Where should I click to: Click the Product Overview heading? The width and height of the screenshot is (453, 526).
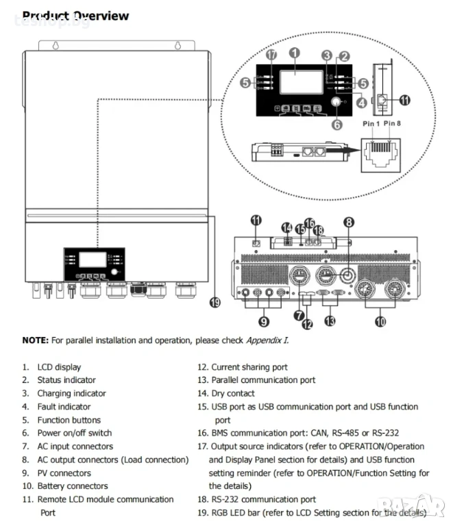coord(75,16)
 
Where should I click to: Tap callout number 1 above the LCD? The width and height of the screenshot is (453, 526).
coord(294,52)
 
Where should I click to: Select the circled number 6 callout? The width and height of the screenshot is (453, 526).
coord(336,125)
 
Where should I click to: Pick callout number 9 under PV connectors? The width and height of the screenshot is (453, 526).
coord(264,320)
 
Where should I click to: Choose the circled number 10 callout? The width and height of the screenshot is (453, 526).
coord(380,320)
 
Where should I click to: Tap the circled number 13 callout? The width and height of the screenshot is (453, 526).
coord(331,320)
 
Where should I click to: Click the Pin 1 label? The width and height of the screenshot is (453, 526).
coord(371,123)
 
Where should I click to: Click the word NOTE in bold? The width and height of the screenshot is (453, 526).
coord(35,340)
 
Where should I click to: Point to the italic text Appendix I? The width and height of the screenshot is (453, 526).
coord(267,340)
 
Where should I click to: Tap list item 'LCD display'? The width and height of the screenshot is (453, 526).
coord(59,367)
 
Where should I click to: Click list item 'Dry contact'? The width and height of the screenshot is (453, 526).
coord(232,393)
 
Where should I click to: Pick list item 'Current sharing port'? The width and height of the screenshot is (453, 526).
coord(249,367)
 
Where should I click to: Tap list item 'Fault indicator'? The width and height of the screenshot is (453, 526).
coord(64,407)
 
